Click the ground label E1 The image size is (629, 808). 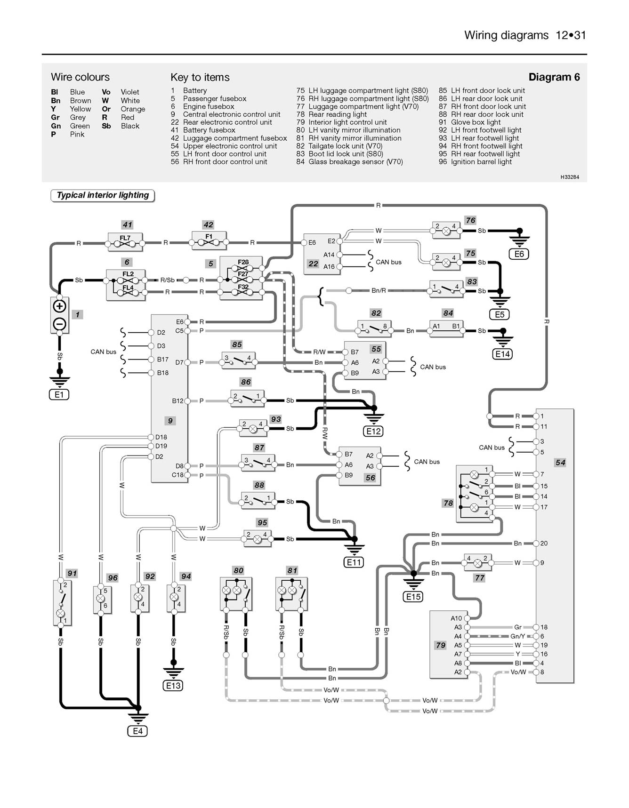pyautogui.click(x=59, y=395)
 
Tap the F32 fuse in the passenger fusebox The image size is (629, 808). pyautogui.click(x=243, y=290)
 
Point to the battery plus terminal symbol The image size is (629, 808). pyautogui.click(x=59, y=307)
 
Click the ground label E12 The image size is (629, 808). pyautogui.click(x=373, y=431)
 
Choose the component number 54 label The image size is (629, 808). pyautogui.click(x=560, y=463)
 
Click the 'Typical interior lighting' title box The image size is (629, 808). pyautogui.click(x=103, y=195)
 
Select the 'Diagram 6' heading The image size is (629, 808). pyautogui.click(x=554, y=77)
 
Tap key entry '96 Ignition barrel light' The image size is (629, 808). pyautogui.click(x=475, y=162)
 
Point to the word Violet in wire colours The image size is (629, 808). pyautogui.click(x=130, y=92)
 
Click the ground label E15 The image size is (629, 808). pyautogui.click(x=413, y=597)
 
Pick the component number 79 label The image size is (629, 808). pyautogui.click(x=441, y=645)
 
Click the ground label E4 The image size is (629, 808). pyautogui.click(x=137, y=731)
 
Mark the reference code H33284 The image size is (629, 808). pyautogui.click(x=570, y=177)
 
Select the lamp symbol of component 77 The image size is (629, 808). pyautogui.click(x=478, y=563)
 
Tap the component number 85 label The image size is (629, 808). pyautogui.click(x=237, y=344)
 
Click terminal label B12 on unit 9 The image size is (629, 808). pyautogui.click(x=177, y=401)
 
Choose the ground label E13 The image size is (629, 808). pyautogui.click(x=173, y=686)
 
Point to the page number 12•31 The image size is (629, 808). pyautogui.click(x=571, y=35)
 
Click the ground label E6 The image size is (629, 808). pyautogui.click(x=519, y=254)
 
